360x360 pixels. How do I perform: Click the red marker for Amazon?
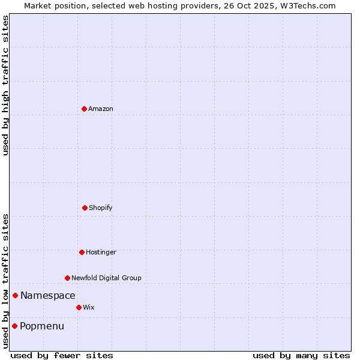coord(84,109)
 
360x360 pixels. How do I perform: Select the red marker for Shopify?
coord(85,208)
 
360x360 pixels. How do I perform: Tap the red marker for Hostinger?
coord(82,252)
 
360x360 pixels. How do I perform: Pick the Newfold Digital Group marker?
coord(67,278)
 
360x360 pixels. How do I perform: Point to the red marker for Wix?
coord(79,307)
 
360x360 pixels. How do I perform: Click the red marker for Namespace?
coord(15,295)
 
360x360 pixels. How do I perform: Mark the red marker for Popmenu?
coord(14,326)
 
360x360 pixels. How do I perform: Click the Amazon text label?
coord(101,109)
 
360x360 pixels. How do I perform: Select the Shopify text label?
coord(101,208)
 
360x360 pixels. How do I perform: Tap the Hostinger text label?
coord(101,252)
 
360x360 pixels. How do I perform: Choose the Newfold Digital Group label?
coord(106,278)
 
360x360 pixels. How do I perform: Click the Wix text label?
coord(89,307)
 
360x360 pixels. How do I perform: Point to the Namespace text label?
coord(48,295)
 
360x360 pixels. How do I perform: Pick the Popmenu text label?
coord(42,326)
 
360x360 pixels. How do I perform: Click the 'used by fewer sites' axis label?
coord(62,355)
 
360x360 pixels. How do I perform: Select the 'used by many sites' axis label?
coord(301,355)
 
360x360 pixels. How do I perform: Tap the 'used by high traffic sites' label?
coord(5,85)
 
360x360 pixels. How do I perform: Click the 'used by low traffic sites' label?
coord(5,281)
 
